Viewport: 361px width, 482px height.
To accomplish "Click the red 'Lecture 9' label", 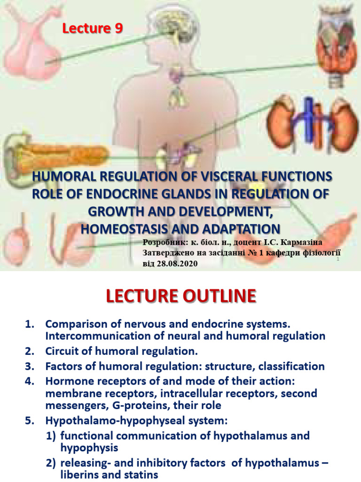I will click(93, 29).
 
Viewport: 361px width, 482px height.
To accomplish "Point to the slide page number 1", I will click(338, 260).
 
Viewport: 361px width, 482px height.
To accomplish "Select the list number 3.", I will click(29, 366).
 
